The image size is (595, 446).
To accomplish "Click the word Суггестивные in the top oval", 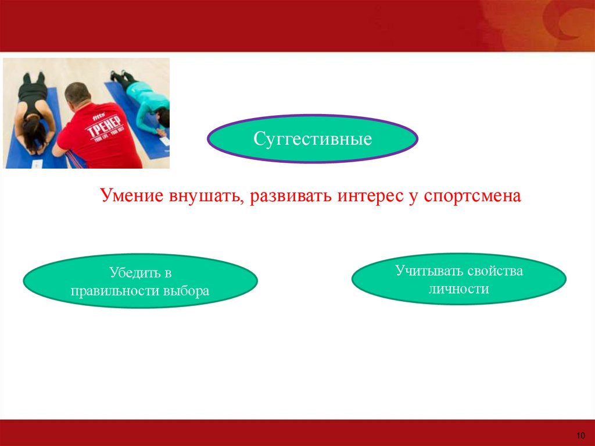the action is pos(312,138).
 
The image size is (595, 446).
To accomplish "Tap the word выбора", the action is pos(187,291).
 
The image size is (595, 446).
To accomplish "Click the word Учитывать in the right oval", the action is pos(429,271).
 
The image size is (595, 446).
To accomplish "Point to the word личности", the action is pos(459,289).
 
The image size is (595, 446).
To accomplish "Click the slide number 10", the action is pos(580,436).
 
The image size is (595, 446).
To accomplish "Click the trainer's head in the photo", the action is pos(77,95).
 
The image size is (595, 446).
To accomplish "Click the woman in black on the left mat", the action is pos(33,113).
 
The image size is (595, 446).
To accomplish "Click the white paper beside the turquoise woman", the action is pos(165,141).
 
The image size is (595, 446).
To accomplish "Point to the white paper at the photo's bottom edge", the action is pos(37,164).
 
